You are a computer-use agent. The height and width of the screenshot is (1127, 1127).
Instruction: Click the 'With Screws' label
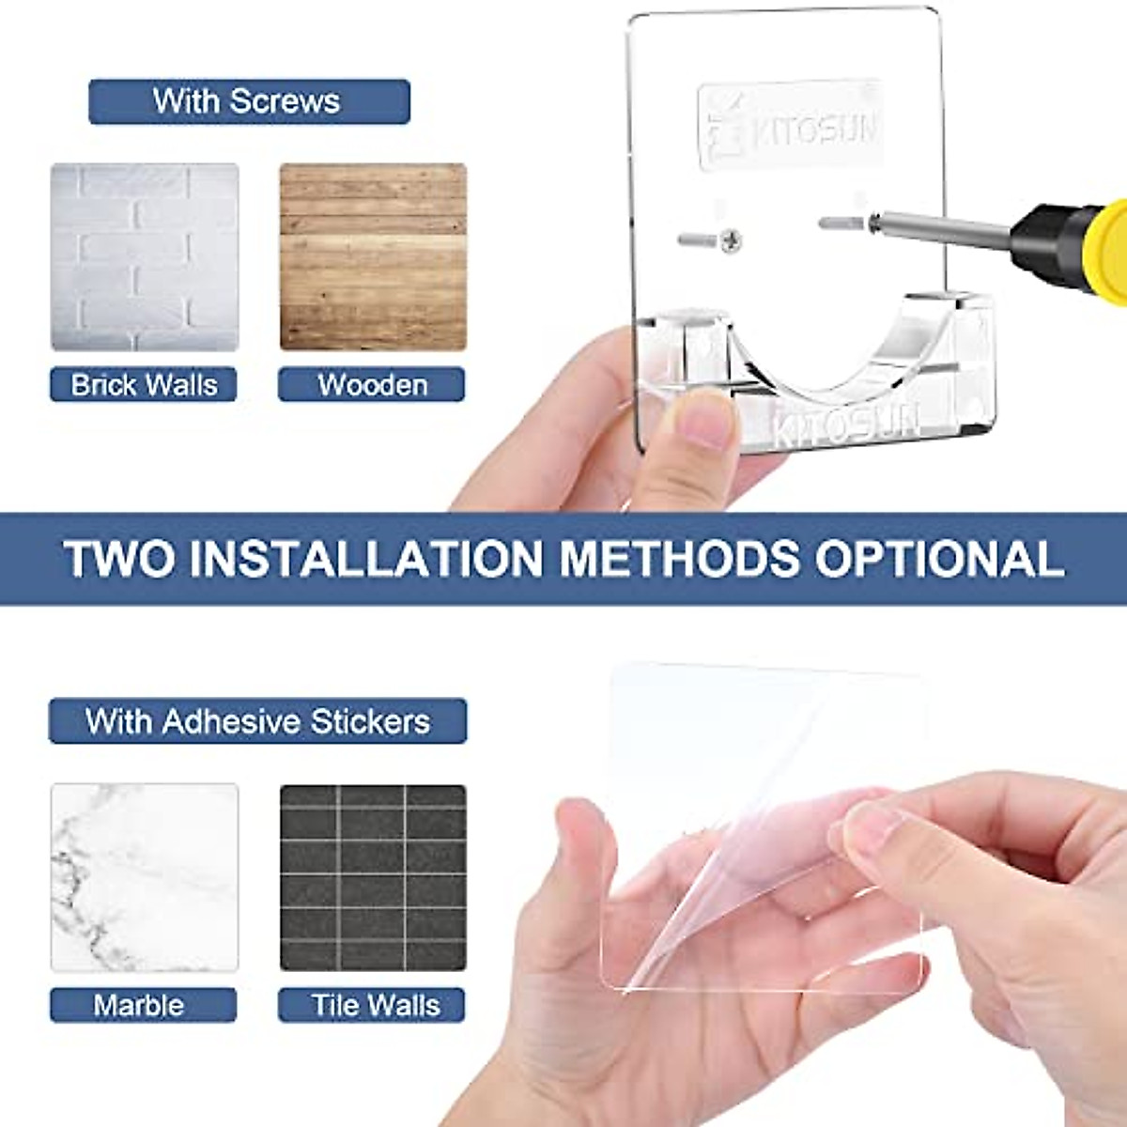coord(249,101)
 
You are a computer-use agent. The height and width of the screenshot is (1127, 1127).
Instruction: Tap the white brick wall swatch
coord(145,257)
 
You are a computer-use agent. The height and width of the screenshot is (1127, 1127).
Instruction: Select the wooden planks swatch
coord(373,257)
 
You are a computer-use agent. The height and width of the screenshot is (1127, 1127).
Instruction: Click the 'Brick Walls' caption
coord(144,385)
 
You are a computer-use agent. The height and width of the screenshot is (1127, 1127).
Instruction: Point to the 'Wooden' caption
coord(372,385)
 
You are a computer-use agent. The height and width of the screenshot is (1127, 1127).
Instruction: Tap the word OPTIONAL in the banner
coord(939,559)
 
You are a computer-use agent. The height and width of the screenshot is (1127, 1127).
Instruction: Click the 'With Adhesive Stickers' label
coord(257,721)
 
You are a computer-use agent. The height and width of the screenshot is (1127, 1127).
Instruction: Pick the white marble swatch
coord(145,877)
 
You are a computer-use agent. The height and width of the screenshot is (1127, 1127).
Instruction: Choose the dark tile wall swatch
coord(373,877)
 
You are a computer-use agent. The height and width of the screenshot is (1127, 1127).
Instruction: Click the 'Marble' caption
coord(139,1005)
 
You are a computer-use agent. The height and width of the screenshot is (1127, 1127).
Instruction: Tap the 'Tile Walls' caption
coord(376,1005)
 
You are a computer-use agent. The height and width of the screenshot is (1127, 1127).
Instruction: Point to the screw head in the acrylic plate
coord(732,241)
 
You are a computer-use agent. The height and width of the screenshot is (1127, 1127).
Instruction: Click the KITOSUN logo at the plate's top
coord(791,127)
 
